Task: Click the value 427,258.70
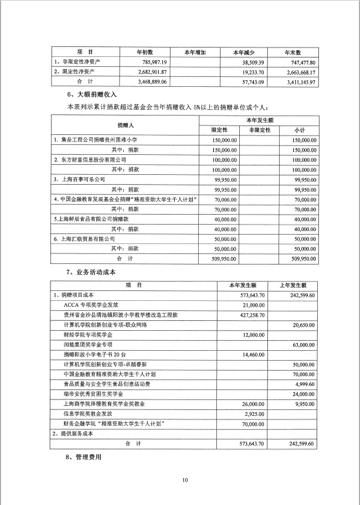tap(249, 315)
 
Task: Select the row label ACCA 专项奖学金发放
tap(90, 305)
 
